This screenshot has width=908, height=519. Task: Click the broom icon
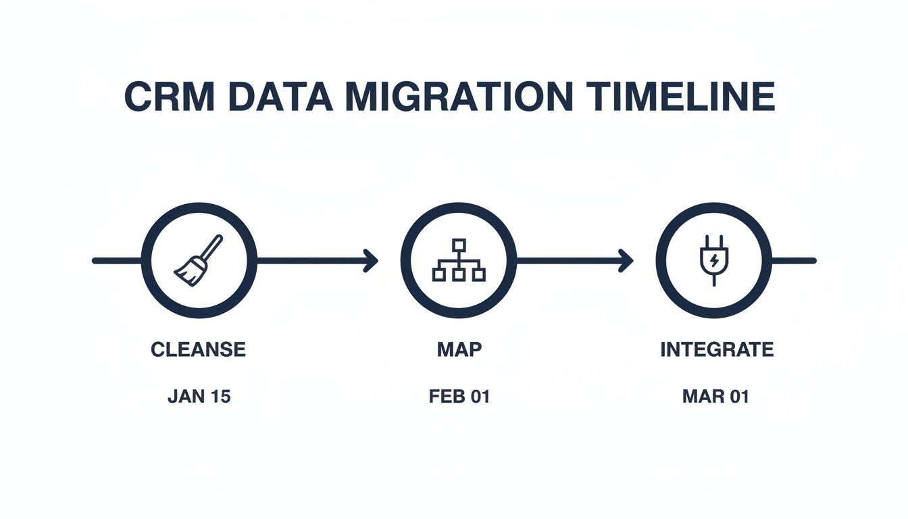click(x=199, y=259)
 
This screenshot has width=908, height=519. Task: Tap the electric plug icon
click(x=713, y=259)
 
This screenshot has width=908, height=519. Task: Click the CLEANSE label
click(x=199, y=349)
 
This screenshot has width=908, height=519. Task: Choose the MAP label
click(x=459, y=349)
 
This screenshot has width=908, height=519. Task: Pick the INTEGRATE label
click(x=717, y=349)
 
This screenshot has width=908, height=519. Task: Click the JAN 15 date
click(x=199, y=396)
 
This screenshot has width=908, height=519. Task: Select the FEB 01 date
click(x=459, y=396)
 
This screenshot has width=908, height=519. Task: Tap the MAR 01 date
click(x=715, y=396)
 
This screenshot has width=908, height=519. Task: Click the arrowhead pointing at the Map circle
click(x=371, y=260)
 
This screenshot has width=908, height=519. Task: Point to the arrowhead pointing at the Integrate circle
click(x=626, y=260)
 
